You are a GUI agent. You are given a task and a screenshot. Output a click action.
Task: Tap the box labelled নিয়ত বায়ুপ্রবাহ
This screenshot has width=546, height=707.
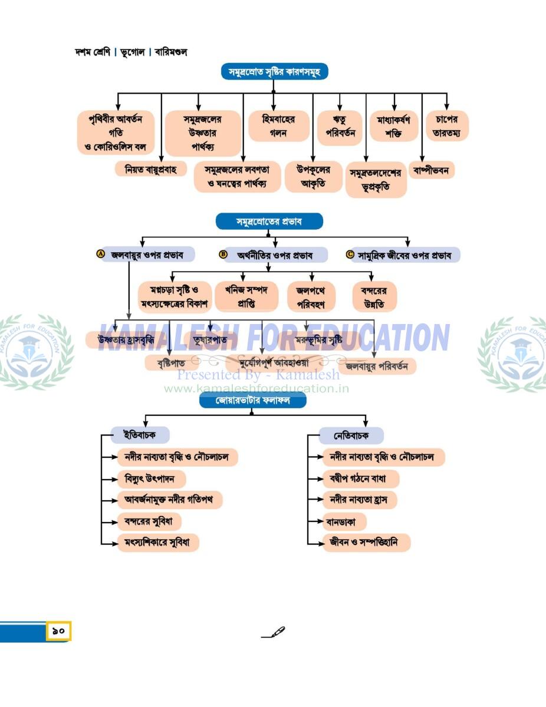point(150,170)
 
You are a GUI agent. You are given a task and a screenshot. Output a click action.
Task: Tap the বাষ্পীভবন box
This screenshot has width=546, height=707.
point(432,171)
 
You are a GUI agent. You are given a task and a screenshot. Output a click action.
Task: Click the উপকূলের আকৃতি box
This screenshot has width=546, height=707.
point(313,177)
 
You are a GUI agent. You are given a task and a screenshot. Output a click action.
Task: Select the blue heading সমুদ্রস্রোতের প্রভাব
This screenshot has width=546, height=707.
point(269,222)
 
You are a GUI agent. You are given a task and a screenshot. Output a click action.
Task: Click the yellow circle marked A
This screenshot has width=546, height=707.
point(101,255)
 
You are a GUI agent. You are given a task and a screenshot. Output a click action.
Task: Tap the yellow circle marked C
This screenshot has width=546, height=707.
point(350,255)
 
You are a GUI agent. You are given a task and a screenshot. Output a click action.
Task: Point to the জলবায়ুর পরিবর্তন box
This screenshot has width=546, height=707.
point(377,366)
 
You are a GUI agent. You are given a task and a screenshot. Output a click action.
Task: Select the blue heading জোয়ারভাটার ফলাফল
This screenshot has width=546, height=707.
point(252,401)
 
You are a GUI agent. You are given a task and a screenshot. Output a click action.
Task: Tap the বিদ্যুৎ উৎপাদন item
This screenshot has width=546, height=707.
point(150,478)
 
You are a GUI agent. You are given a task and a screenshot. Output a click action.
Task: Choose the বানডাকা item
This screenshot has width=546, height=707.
point(344,521)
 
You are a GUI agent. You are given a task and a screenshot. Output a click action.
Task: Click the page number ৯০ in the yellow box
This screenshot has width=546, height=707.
point(58,631)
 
